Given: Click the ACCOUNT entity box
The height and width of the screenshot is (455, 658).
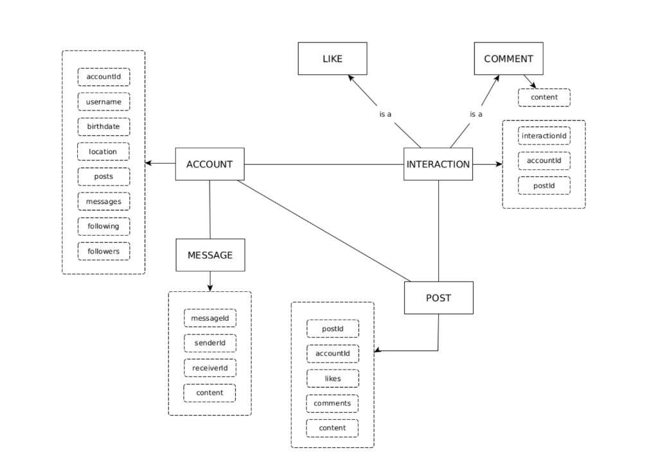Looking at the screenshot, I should [209, 164].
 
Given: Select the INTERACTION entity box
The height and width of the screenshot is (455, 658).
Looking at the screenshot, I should [438, 164].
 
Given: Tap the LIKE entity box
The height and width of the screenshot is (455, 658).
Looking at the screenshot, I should [332, 58].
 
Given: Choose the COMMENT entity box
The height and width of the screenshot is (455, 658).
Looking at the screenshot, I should [508, 58].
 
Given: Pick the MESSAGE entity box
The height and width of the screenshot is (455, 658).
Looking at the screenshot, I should [210, 255].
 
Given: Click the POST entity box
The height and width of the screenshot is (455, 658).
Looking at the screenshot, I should [438, 298].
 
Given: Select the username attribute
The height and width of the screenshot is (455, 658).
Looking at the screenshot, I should [103, 102].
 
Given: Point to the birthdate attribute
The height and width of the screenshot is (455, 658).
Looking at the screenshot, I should [103, 126].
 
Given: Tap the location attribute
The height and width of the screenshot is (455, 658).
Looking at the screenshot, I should [103, 151].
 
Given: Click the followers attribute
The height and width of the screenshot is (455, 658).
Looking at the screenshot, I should [103, 251].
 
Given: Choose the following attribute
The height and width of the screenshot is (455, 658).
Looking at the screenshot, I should [103, 227].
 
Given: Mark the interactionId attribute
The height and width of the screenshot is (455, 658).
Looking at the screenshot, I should [544, 136].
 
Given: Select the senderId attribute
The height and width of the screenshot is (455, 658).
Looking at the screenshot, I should [209, 343].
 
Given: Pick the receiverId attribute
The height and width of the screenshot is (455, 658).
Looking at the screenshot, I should [209, 368].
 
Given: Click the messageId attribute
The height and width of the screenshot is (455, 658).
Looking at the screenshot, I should [209, 318].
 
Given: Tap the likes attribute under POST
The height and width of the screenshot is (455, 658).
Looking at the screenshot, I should [332, 379].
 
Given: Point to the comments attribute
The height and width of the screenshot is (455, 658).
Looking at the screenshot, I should [332, 403].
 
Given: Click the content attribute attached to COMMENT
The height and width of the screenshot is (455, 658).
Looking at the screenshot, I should [544, 98].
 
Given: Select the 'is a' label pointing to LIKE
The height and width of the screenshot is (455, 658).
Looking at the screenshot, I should [386, 114].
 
